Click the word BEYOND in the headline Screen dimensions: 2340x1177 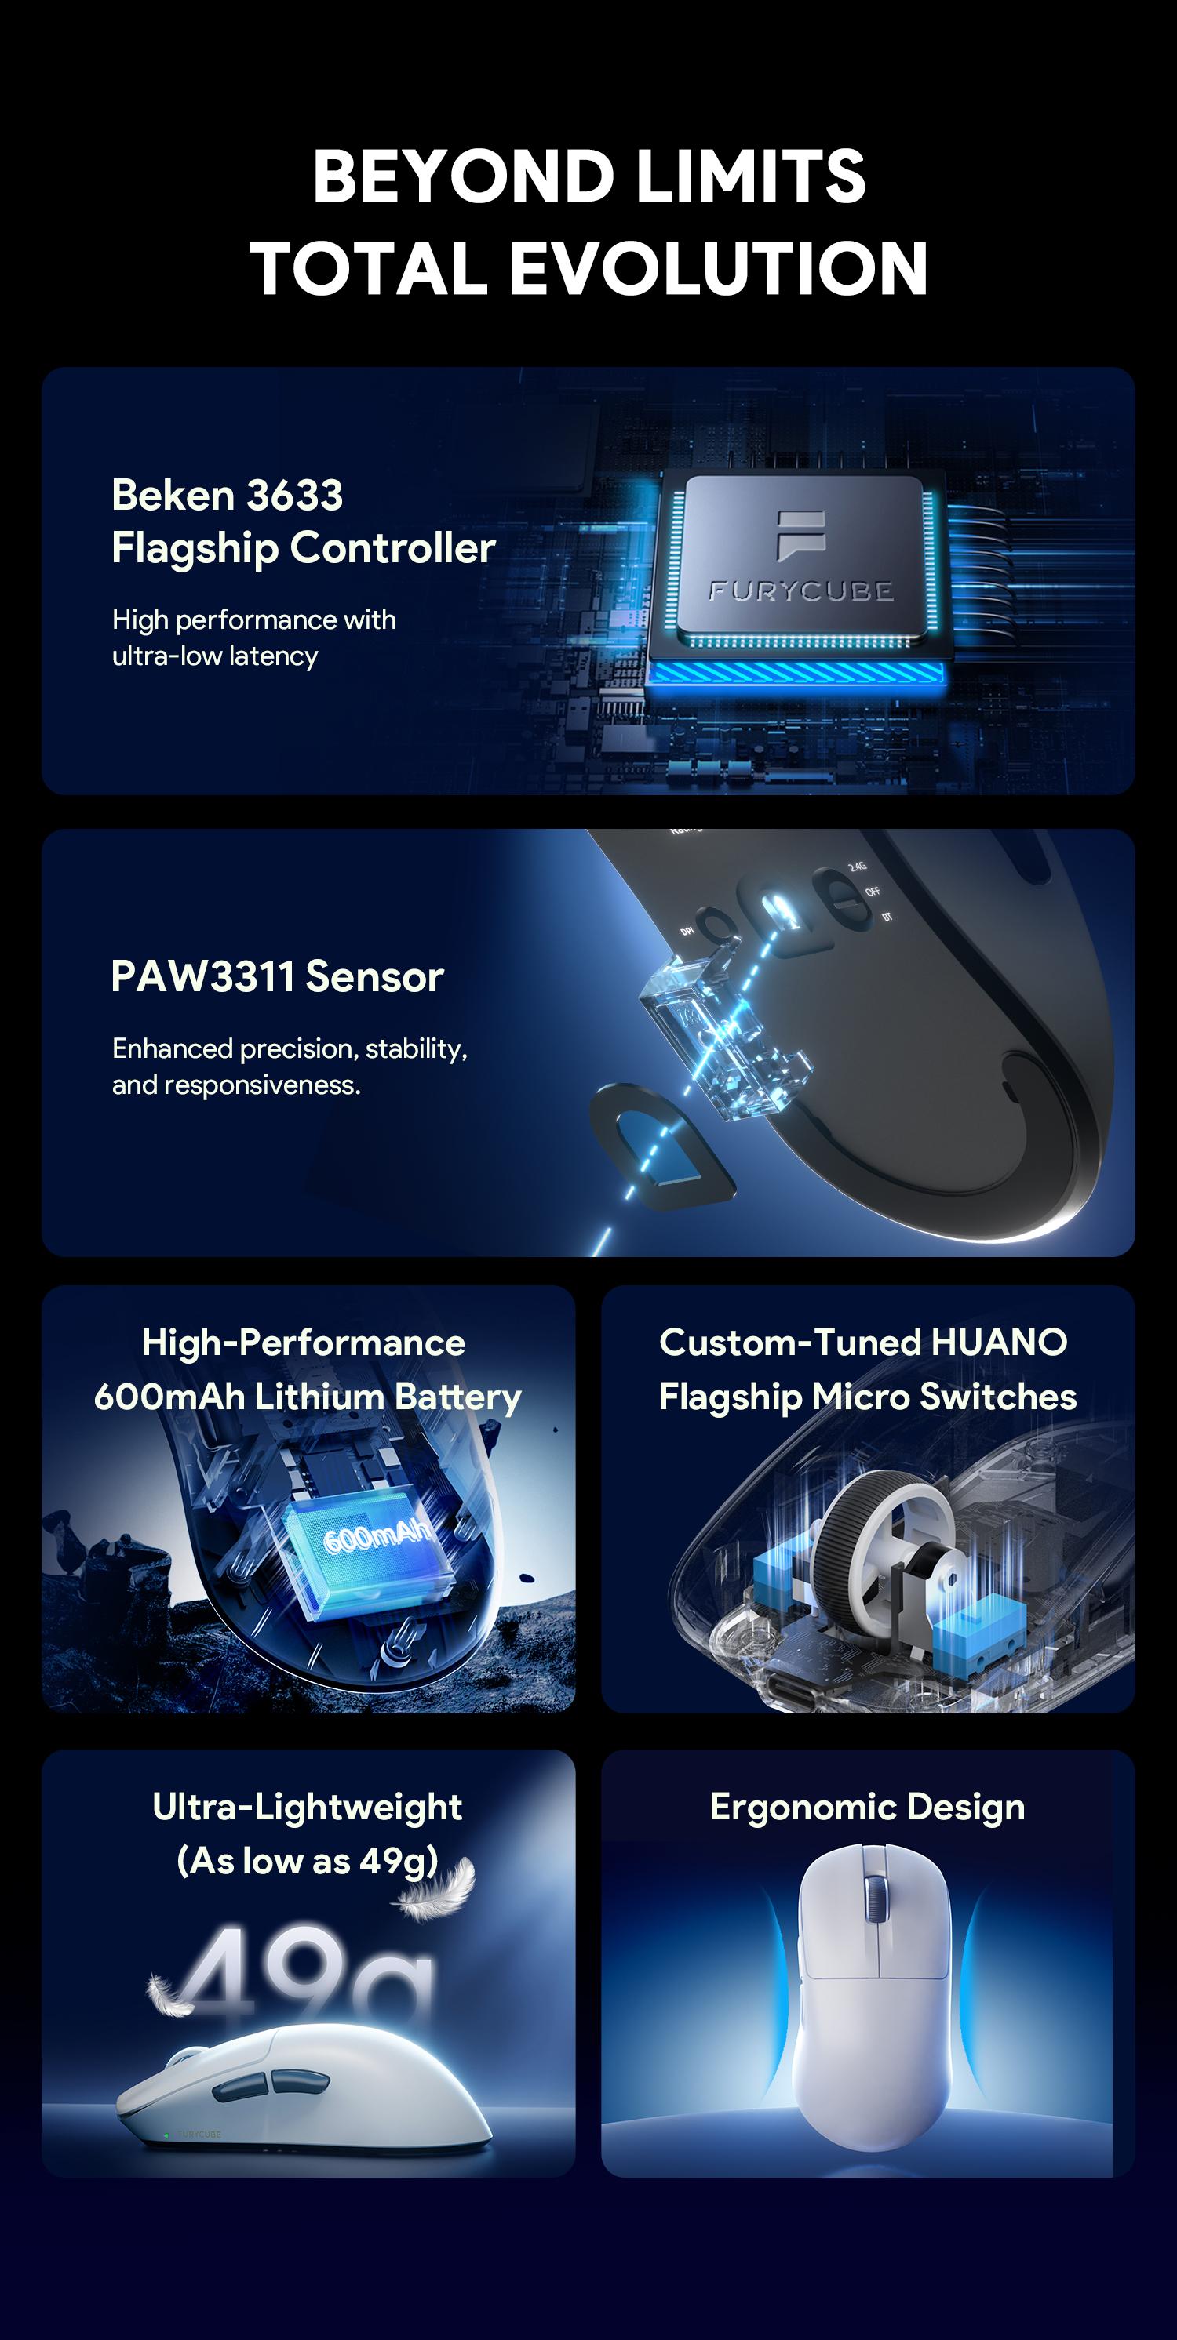coord(463,176)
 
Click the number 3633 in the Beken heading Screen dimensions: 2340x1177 coord(294,496)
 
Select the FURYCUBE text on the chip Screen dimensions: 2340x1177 coord(800,591)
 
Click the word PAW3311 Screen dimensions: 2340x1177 coord(202,977)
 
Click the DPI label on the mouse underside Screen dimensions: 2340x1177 coord(687,932)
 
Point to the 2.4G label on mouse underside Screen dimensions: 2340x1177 coord(857,867)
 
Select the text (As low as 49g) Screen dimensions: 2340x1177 coord(308,1862)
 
